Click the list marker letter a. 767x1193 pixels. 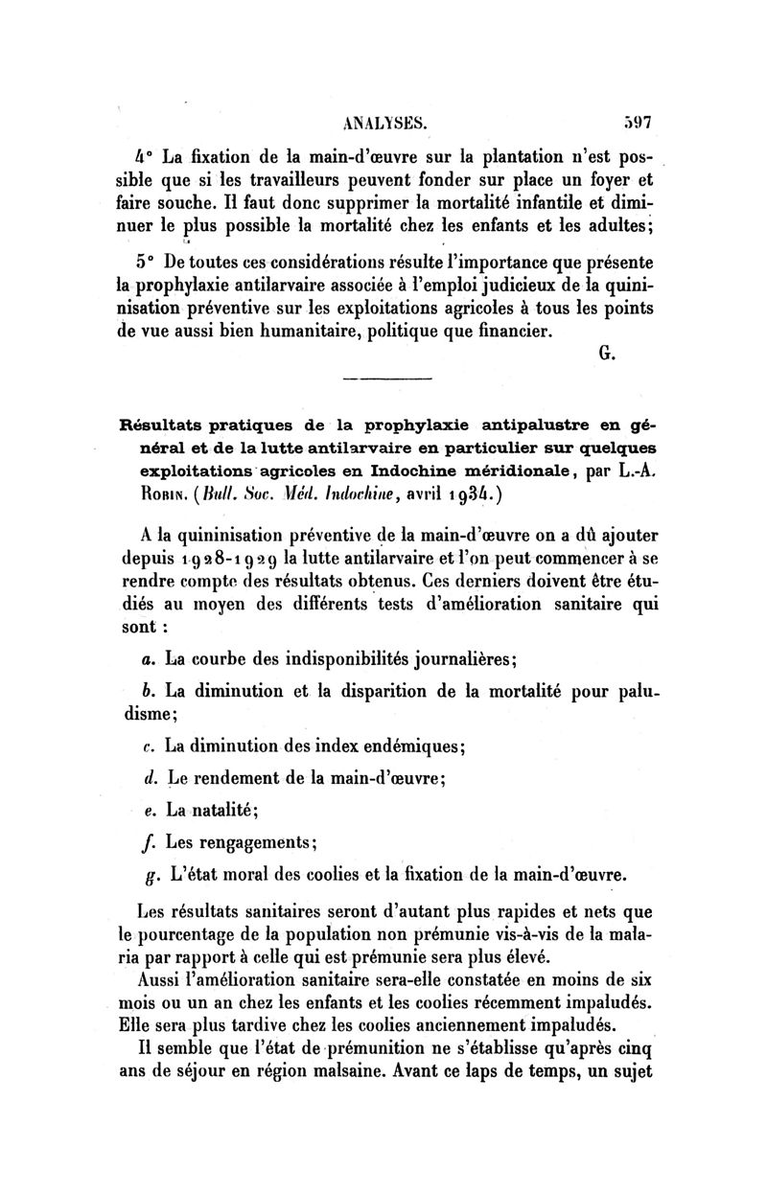[x=146, y=660]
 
